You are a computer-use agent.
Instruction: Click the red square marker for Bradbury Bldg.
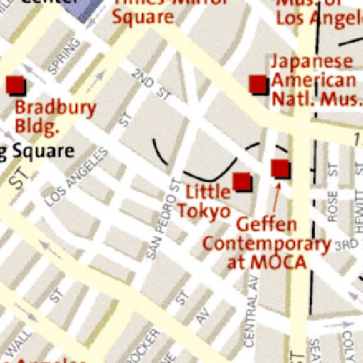15,85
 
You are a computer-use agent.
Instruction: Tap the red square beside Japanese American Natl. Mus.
259,84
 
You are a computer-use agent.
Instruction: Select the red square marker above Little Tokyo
242,181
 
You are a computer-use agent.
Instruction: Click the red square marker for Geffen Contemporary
281,168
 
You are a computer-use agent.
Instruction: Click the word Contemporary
267,244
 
